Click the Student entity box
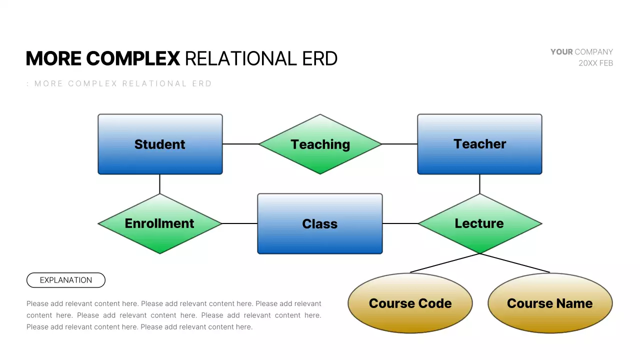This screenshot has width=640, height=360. pyautogui.click(x=160, y=144)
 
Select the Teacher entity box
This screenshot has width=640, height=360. pyautogui.click(x=479, y=144)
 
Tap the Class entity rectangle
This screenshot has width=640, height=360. pyautogui.click(x=320, y=223)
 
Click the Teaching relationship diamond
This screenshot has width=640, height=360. pyautogui.click(x=320, y=144)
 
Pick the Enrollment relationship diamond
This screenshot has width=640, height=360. pyautogui.click(x=159, y=223)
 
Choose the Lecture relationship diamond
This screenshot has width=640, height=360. pyautogui.click(x=479, y=223)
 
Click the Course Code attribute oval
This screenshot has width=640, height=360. pyautogui.click(x=410, y=303)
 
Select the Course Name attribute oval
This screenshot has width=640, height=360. pyautogui.click(x=550, y=303)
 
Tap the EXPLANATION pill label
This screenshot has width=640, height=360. pyautogui.click(x=66, y=280)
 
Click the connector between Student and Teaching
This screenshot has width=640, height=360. pyautogui.click(x=240, y=144)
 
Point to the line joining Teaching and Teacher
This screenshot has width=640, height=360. pyautogui.click(x=399, y=144)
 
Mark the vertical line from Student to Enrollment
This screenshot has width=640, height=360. pyautogui.click(x=159, y=184)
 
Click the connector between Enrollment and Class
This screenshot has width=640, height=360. pyautogui.click(x=239, y=223)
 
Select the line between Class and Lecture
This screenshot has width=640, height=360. pyautogui.click(x=400, y=223)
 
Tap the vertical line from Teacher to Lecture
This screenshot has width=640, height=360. pyautogui.click(x=479, y=184)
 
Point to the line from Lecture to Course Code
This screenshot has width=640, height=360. pyautogui.click(x=444, y=263)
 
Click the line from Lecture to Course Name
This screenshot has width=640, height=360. pyautogui.click(x=515, y=263)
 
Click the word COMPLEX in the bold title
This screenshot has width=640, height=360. pyautogui.click(x=133, y=58)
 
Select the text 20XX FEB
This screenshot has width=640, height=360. pyautogui.click(x=595, y=63)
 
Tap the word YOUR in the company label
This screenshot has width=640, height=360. pyautogui.click(x=561, y=51)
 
